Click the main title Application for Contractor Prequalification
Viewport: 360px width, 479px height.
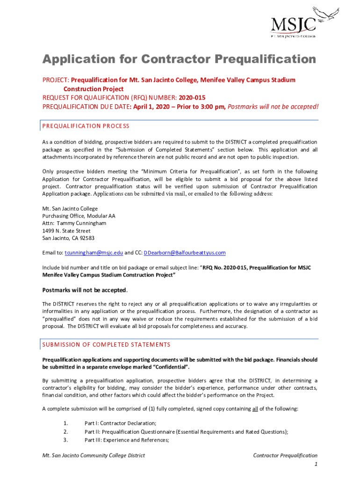(x=179, y=59)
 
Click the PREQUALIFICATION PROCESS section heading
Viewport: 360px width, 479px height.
(x=86, y=126)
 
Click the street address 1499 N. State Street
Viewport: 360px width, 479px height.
(x=66, y=231)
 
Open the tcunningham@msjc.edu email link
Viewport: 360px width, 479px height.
(x=94, y=253)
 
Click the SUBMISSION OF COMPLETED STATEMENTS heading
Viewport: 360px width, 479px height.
(x=106, y=344)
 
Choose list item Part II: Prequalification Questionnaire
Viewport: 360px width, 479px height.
(x=186, y=432)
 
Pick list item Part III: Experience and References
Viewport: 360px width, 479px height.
(x=126, y=440)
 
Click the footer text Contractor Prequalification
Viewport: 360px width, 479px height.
(x=285, y=455)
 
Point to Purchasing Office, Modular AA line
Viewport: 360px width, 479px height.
(x=79, y=216)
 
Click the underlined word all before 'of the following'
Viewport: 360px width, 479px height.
(x=255, y=408)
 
